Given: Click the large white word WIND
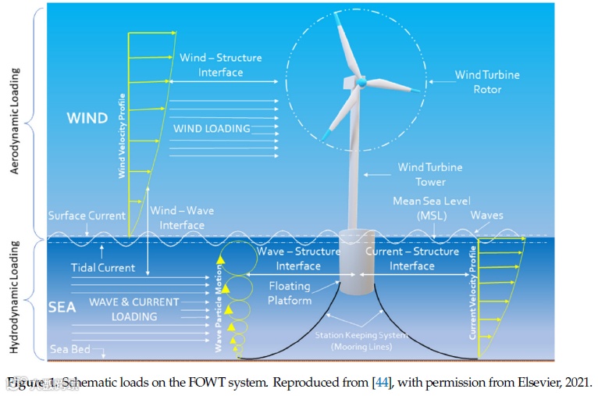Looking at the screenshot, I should pos(87,119).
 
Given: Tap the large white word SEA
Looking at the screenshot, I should pos(62,307).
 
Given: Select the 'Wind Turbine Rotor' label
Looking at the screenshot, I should pos(488,82).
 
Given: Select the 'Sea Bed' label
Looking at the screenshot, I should pos(70,349).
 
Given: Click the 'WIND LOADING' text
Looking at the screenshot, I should pos(212,128).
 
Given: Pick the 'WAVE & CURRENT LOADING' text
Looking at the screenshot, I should pos(133,309).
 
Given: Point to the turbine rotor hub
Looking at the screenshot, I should pos(361,80).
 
